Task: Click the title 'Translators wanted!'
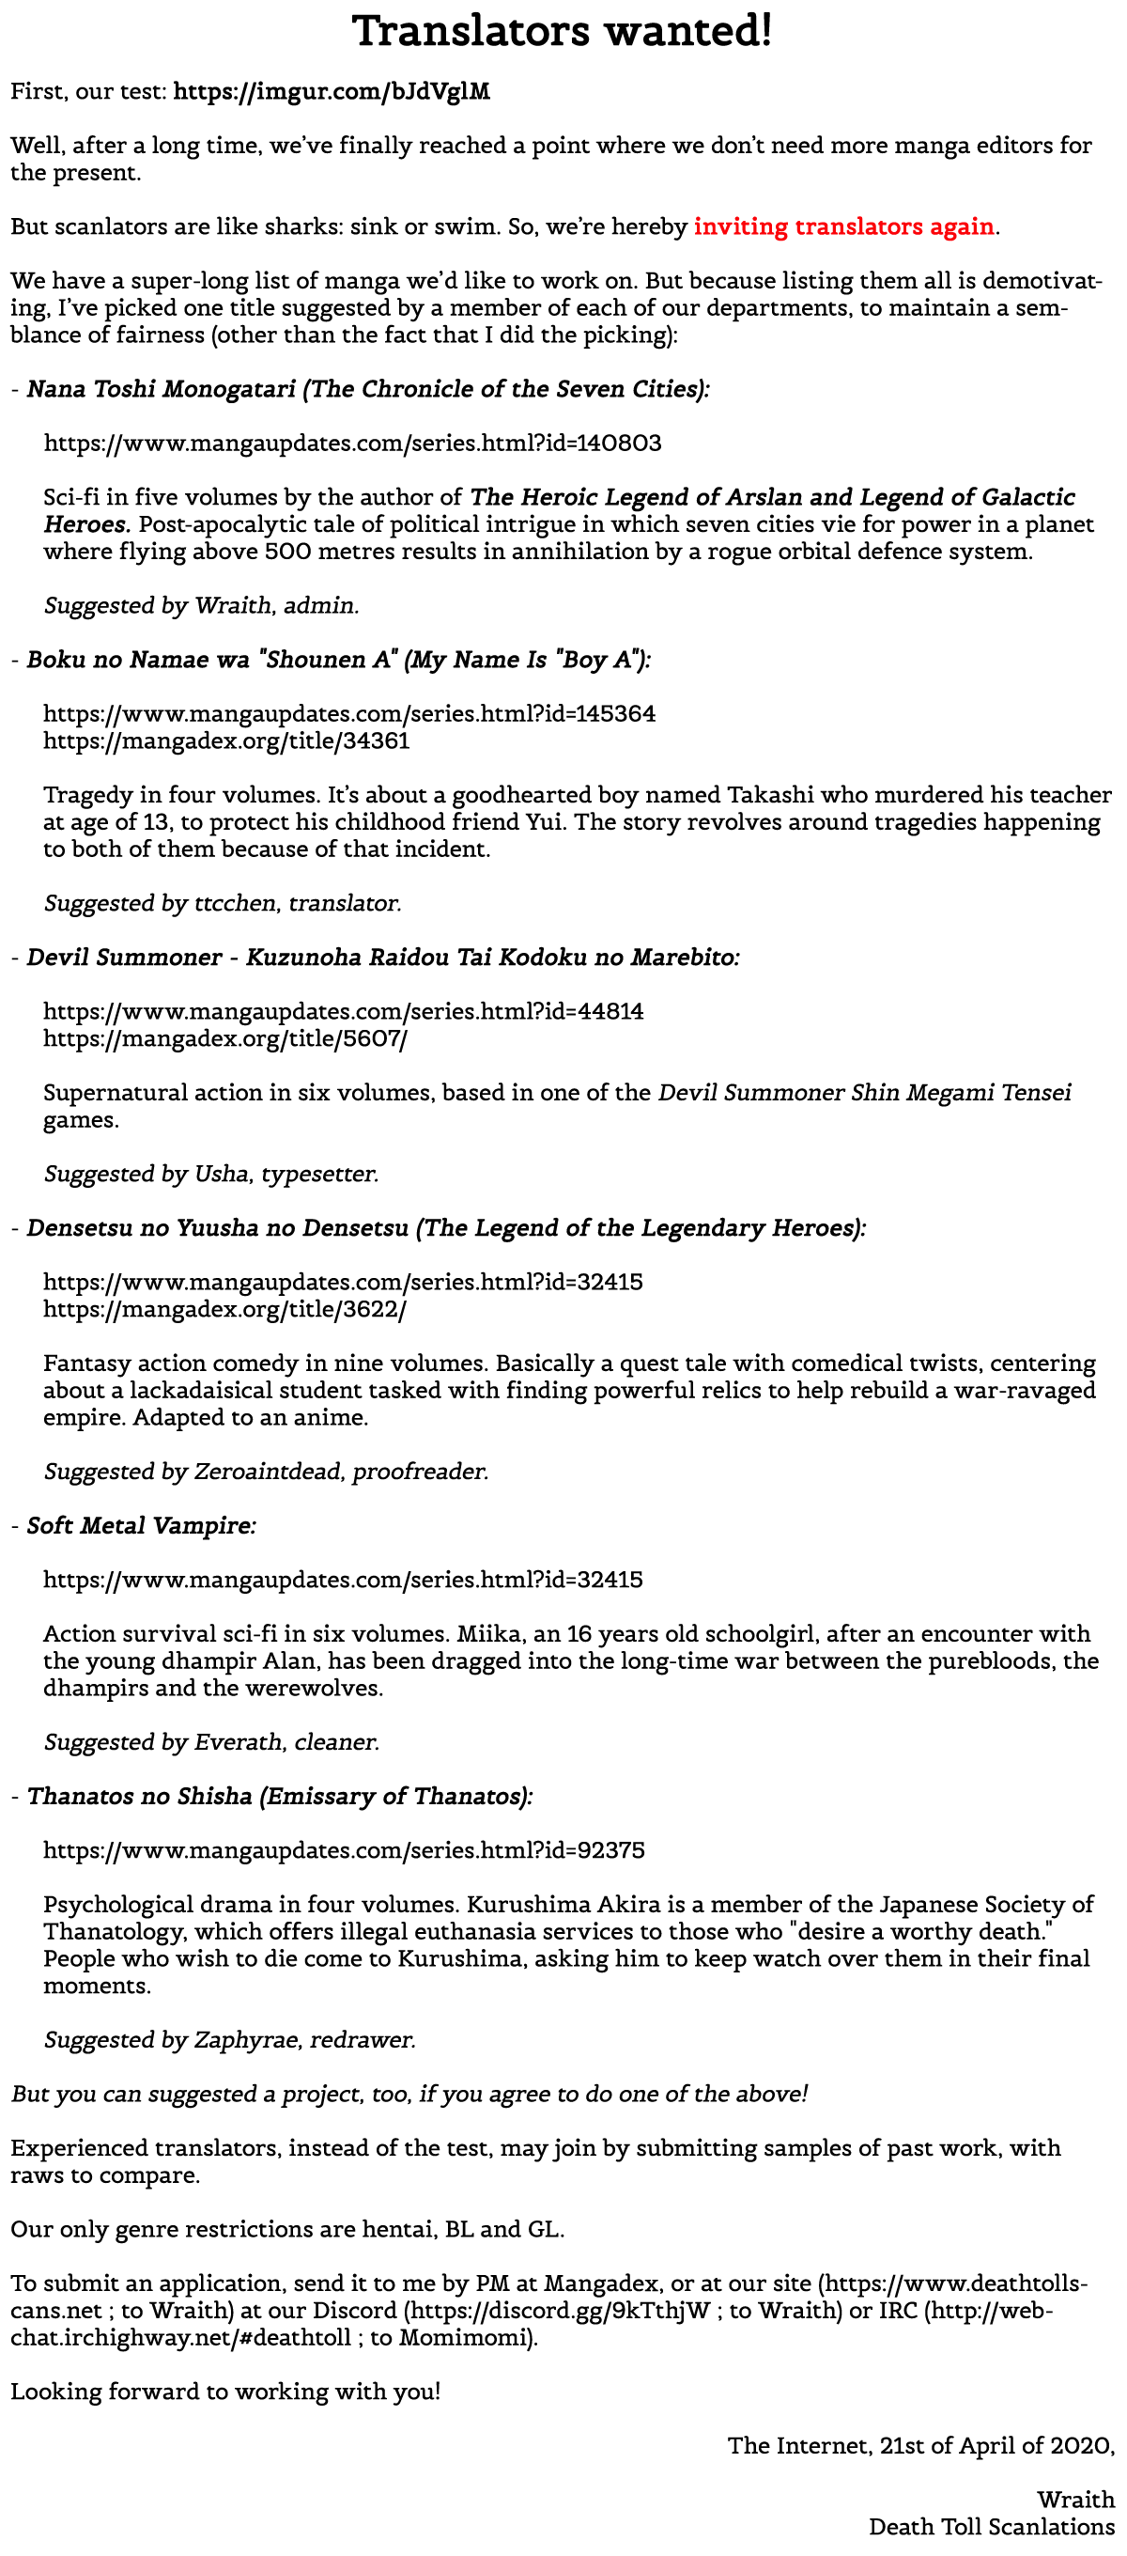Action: point(563,32)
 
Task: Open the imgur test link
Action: point(332,92)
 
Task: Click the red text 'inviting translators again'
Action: point(843,227)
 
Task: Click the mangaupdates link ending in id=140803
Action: point(352,444)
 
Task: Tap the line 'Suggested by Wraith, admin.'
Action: point(201,606)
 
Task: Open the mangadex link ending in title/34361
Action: point(226,741)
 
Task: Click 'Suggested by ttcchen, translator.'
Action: point(223,904)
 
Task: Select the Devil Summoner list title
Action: point(383,958)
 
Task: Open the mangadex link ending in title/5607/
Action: point(225,1039)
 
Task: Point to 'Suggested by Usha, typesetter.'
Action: point(211,1175)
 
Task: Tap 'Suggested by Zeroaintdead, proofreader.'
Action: point(266,1473)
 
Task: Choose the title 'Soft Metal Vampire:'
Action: point(141,1526)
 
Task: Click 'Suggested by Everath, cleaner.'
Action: point(211,1742)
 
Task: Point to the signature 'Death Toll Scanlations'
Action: point(991,2527)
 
